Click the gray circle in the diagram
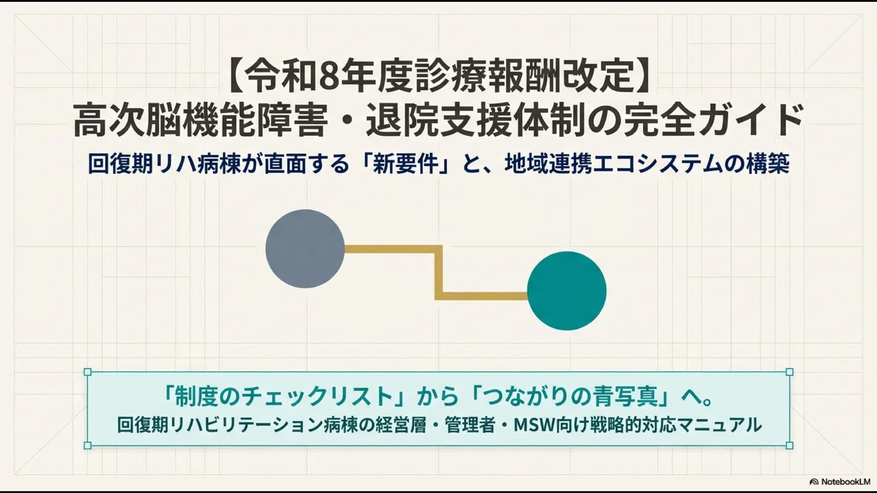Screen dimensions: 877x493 (305, 249)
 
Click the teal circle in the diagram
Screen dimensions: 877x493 (567, 291)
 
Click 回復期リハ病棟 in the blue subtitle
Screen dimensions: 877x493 (164, 164)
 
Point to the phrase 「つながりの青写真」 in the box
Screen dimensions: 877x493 (574, 396)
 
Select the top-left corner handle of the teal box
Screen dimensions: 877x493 (88, 372)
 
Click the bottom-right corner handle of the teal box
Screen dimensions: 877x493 (789, 446)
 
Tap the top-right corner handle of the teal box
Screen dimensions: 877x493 (789, 372)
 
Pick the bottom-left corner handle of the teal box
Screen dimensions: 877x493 (88, 446)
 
